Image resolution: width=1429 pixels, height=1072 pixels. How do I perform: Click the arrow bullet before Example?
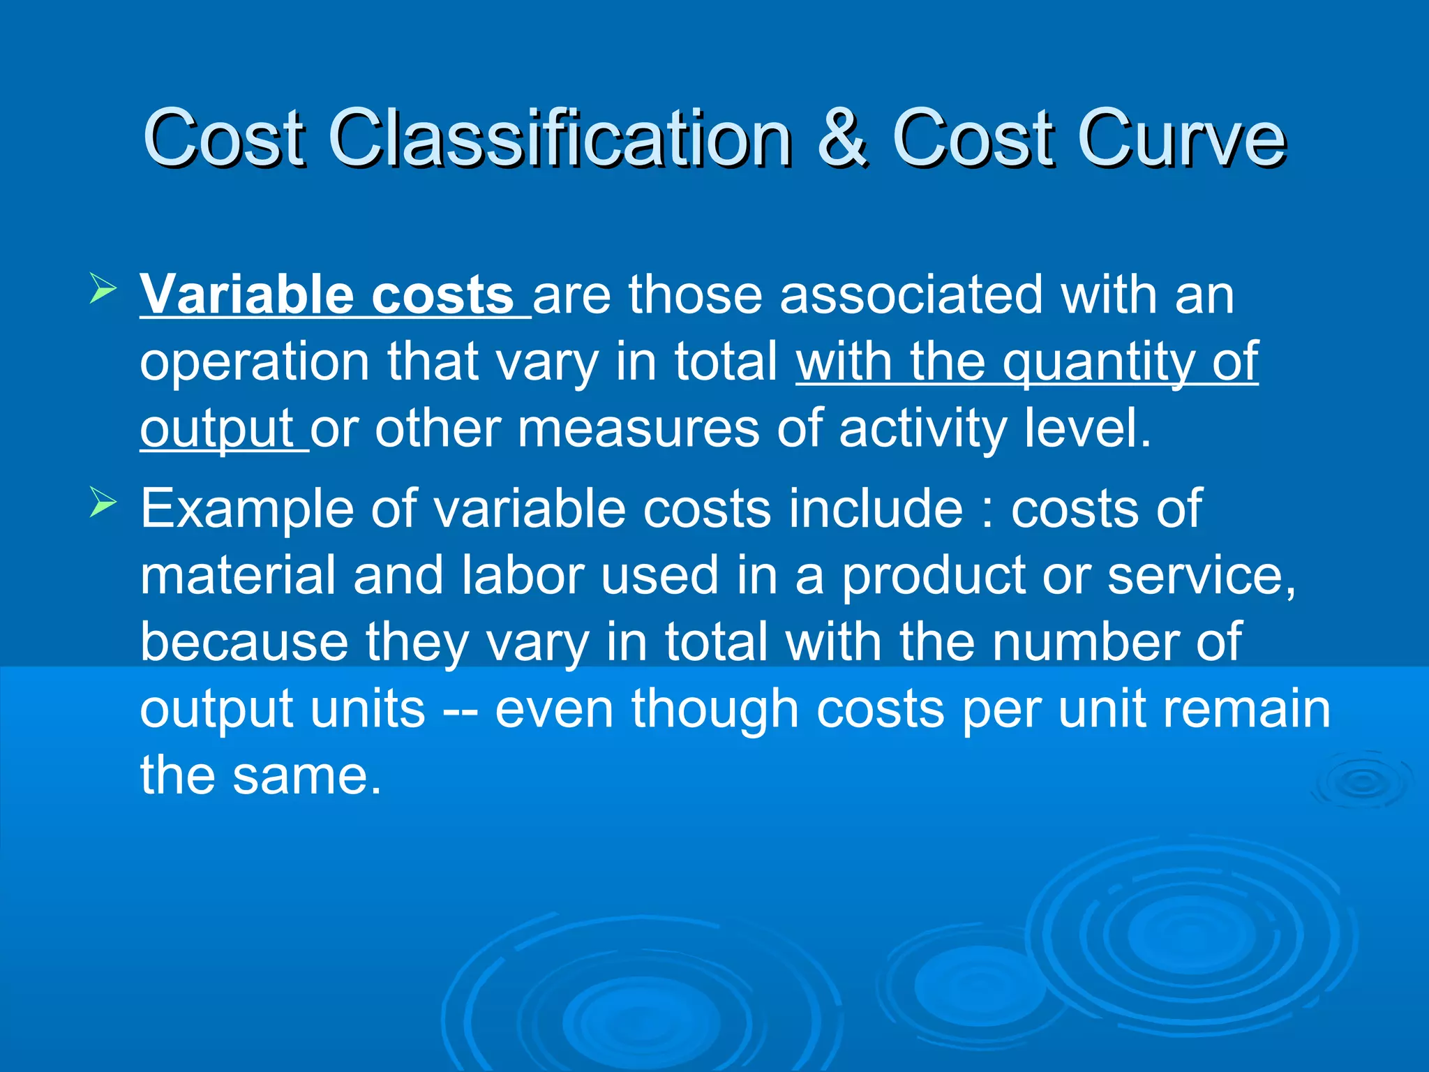(x=103, y=503)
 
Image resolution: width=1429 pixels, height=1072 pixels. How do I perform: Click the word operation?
(x=255, y=363)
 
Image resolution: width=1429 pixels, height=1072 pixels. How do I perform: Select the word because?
(x=244, y=642)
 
